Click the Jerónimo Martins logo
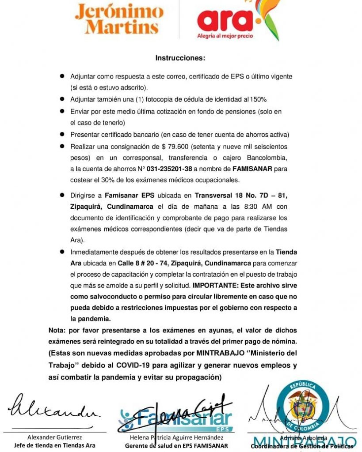point(119,19)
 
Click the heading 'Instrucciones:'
point(180,58)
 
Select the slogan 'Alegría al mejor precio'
point(225,36)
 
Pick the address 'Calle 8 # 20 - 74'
point(140,264)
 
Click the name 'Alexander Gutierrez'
point(54,437)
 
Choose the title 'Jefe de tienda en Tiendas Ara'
point(54,445)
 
